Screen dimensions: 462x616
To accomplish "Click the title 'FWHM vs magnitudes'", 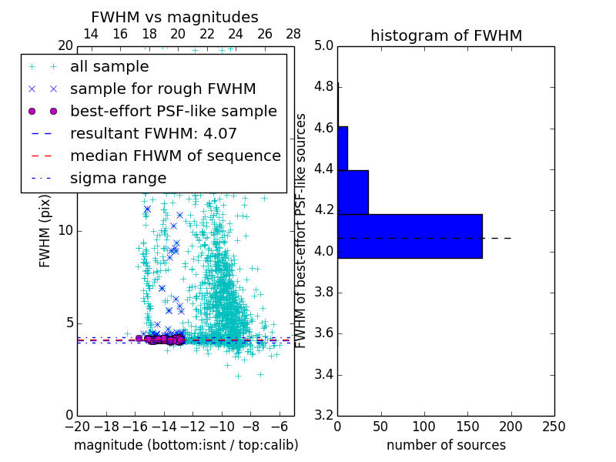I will point(175,17).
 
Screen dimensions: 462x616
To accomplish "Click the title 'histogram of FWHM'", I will point(446,35).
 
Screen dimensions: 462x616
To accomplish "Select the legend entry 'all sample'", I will point(109,67).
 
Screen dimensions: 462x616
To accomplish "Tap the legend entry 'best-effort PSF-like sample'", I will point(173,111).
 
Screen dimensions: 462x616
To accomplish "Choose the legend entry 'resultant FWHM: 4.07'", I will point(153,133).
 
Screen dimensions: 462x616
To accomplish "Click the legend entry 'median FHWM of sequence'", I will point(175,156).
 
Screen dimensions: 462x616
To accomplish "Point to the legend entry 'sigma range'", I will point(118,178).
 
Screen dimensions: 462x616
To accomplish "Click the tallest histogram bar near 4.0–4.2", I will point(410,236).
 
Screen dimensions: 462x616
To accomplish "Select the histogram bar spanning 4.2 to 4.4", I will point(353,192).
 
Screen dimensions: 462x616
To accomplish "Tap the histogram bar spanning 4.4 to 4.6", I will point(343,148).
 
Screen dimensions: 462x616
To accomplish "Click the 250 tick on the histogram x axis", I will point(554,425).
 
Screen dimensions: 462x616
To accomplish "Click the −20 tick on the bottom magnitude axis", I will point(77,425).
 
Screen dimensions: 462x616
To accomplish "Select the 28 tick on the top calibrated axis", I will point(293,34).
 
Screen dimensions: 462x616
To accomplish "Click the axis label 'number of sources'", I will point(446,445).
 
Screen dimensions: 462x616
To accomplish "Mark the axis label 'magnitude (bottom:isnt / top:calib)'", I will point(186,445).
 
